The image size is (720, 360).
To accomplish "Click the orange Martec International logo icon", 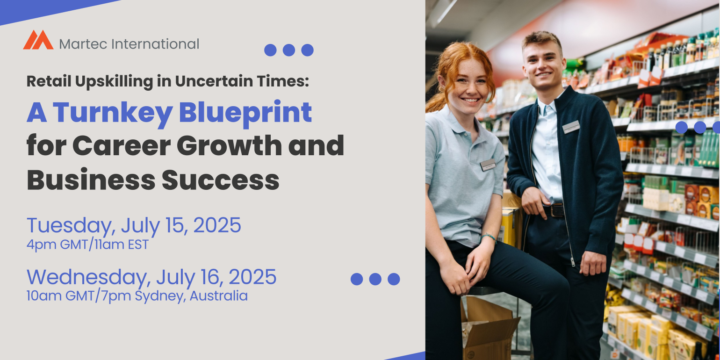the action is point(38,40).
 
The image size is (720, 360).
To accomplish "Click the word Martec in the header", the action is point(83,44).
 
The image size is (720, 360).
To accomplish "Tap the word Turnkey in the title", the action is point(113,112).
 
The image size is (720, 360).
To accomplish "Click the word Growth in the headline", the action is point(229,145).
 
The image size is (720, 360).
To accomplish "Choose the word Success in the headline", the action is point(221,180).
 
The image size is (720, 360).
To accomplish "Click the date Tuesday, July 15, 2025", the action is point(134,225).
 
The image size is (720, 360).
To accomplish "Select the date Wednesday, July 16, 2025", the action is point(151,277).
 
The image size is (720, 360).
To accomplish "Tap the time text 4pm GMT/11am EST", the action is point(87,245).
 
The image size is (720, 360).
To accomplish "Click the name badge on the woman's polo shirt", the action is point(488,165).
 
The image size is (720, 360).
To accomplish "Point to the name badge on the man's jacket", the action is point(571,127).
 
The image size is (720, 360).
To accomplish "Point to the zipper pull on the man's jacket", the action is point(572,262).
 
